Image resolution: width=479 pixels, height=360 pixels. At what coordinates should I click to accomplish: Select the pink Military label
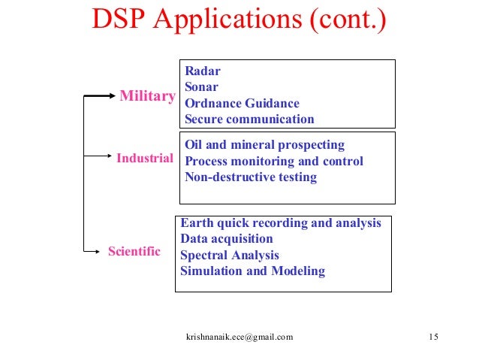148,96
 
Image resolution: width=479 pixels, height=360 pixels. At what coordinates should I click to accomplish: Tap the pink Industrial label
145,158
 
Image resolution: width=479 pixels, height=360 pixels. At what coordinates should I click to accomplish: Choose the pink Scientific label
134,251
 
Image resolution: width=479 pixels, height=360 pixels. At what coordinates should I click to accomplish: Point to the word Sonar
202,87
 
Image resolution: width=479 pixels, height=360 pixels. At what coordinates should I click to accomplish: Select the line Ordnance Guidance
242,104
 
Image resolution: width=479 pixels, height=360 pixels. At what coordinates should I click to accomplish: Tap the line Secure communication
249,119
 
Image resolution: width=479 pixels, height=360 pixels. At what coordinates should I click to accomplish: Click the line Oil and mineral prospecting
264,145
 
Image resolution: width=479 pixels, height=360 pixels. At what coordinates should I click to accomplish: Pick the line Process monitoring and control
273,162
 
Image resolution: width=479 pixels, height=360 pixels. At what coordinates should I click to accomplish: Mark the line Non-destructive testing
250,177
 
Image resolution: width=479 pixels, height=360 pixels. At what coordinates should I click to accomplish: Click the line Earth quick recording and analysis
281,223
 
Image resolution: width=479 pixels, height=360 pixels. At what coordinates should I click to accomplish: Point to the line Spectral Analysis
230,256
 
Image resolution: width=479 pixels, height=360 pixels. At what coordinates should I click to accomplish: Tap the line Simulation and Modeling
253,271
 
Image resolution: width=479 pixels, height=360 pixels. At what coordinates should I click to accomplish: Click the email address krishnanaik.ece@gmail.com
239,337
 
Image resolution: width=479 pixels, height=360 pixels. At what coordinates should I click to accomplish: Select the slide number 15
432,337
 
